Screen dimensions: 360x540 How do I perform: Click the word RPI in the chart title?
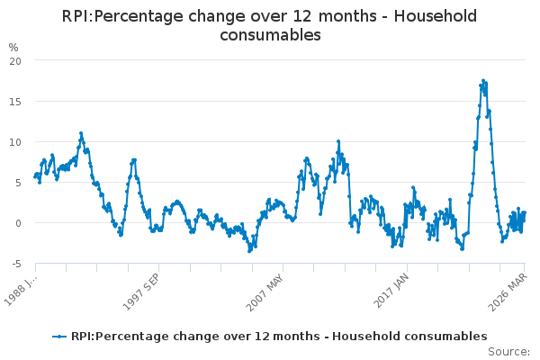(76, 16)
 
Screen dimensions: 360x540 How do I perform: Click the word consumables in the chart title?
(270, 35)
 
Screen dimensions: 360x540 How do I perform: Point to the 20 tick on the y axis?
(15, 60)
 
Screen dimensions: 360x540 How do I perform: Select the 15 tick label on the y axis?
(15, 101)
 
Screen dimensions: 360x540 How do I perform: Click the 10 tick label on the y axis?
(15, 141)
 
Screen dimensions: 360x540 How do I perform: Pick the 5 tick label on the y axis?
(18, 182)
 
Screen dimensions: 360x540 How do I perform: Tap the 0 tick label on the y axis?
(18, 222)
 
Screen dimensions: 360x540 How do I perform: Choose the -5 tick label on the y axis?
(16, 263)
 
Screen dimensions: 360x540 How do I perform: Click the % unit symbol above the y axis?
(13, 47)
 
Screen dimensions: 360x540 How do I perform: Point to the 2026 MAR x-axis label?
(510, 287)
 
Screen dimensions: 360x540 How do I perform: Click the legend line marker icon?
(59, 336)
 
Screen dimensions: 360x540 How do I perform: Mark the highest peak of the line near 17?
(483, 80)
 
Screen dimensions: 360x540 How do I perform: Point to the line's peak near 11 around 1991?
(80, 133)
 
